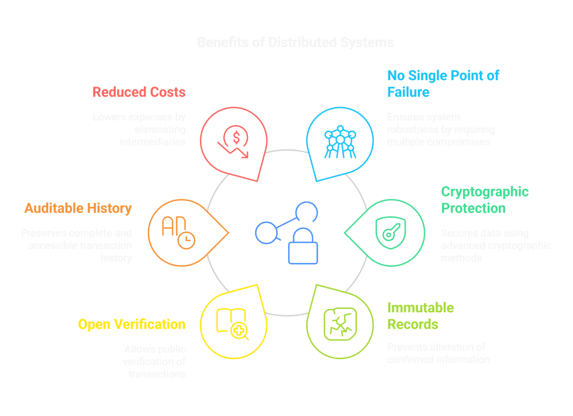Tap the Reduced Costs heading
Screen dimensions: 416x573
pyautogui.click(x=139, y=92)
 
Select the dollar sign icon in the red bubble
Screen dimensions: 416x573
pyautogui.click(x=236, y=138)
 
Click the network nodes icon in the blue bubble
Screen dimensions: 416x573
pyautogui.click(x=340, y=142)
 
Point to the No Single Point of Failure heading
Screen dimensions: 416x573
pyautogui.click(x=443, y=84)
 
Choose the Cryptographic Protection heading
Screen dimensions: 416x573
pyautogui.click(x=485, y=200)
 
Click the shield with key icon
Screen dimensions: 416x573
pyautogui.click(x=391, y=233)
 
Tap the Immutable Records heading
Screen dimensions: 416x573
pyautogui.click(x=420, y=316)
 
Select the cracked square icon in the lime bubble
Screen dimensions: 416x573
pyautogui.click(x=340, y=324)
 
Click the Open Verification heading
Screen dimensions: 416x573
pyautogui.click(x=132, y=325)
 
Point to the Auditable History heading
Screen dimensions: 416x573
pyautogui.click(x=78, y=208)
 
